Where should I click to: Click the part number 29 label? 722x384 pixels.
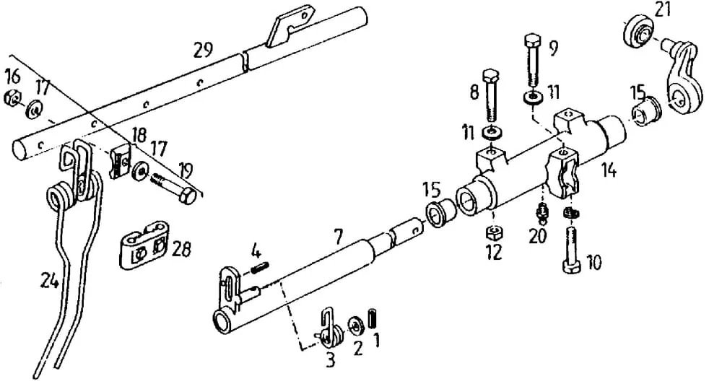pyautogui.click(x=203, y=50)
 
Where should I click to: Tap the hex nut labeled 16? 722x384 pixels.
pyautogui.click(x=12, y=97)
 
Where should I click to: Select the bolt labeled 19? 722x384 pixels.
pyautogui.click(x=174, y=186)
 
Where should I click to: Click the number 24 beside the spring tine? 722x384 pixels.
pyautogui.click(x=50, y=279)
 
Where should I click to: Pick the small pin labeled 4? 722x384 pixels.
pyautogui.click(x=260, y=267)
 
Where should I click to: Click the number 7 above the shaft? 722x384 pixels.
pyautogui.click(x=339, y=237)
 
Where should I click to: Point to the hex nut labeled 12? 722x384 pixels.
pyautogui.click(x=493, y=233)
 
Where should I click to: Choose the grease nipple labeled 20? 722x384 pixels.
pyautogui.click(x=541, y=213)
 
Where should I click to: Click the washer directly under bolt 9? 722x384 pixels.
pyautogui.click(x=534, y=97)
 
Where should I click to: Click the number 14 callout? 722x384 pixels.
pyautogui.click(x=608, y=170)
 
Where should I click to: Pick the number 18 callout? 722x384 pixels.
pyautogui.click(x=139, y=136)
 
